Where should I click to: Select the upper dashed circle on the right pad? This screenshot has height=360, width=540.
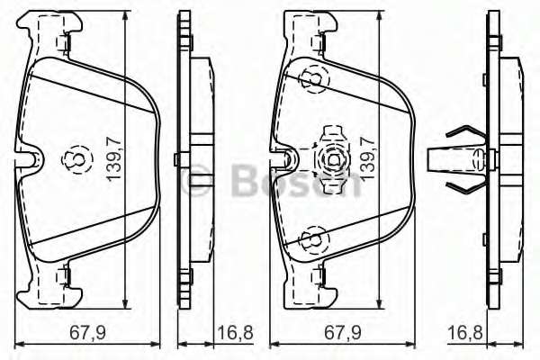tap(313, 81)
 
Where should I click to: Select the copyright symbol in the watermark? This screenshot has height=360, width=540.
tap(199, 183)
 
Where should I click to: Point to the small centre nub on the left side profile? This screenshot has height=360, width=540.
tap(179, 160)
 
